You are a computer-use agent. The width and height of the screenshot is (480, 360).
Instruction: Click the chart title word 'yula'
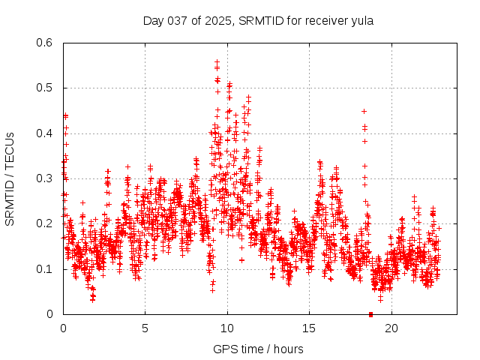(x=361, y=20)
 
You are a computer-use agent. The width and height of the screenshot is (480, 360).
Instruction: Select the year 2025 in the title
(x=217, y=20)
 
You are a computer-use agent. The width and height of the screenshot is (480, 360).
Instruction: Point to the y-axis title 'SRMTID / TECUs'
(x=10, y=178)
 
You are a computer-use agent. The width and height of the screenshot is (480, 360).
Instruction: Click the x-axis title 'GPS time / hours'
(x=258, y=349)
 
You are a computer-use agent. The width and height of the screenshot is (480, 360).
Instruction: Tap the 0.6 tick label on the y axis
(x=46, y=43)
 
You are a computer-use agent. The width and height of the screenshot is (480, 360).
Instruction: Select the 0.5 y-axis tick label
(x=46, y=88)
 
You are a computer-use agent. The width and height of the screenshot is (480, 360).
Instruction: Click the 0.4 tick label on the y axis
(x=46, y=133)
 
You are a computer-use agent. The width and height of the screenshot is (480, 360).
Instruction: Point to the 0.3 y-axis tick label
(x=46, y=178)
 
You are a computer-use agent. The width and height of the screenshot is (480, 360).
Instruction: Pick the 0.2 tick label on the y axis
(x=46, y=223)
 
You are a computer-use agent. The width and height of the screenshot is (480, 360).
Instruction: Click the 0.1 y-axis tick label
(x=46, y=268)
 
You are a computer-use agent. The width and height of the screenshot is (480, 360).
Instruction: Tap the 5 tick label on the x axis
(x=145, y=328)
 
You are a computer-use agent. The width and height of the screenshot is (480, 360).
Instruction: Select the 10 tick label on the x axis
(x=227, y=328)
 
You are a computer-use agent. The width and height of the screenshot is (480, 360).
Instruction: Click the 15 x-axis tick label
(x=309, y=328)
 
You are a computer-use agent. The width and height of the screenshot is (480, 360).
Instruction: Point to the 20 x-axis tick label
(x=391, y=328)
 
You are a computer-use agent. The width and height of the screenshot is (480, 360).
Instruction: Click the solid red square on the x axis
(x=371, y=314)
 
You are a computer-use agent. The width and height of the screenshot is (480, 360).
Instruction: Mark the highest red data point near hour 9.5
(x=217, y=62)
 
